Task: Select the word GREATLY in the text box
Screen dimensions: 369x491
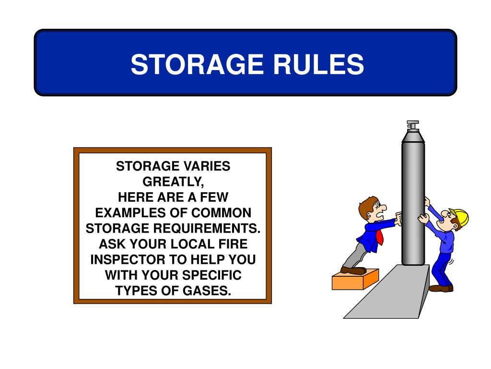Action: tap(173, 182)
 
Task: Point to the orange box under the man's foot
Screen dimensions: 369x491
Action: tap(354, 280)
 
